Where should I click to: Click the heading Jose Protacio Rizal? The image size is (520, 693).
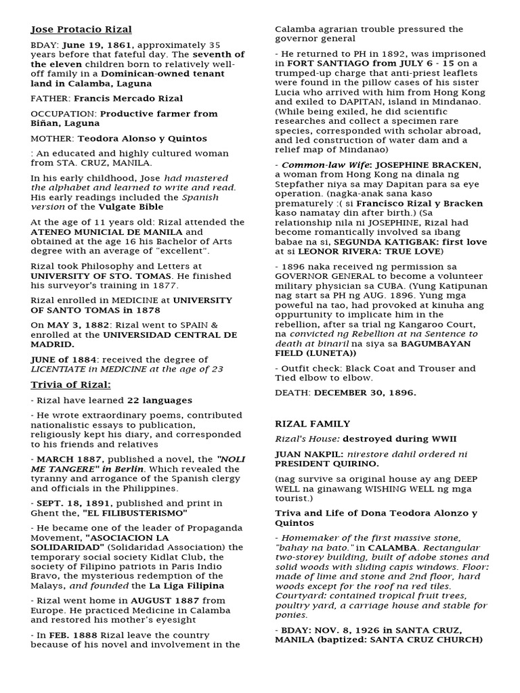tap(81, 30)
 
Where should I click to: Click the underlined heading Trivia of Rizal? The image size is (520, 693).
tap(71, 385)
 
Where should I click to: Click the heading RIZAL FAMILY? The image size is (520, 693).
tap(312, 424)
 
